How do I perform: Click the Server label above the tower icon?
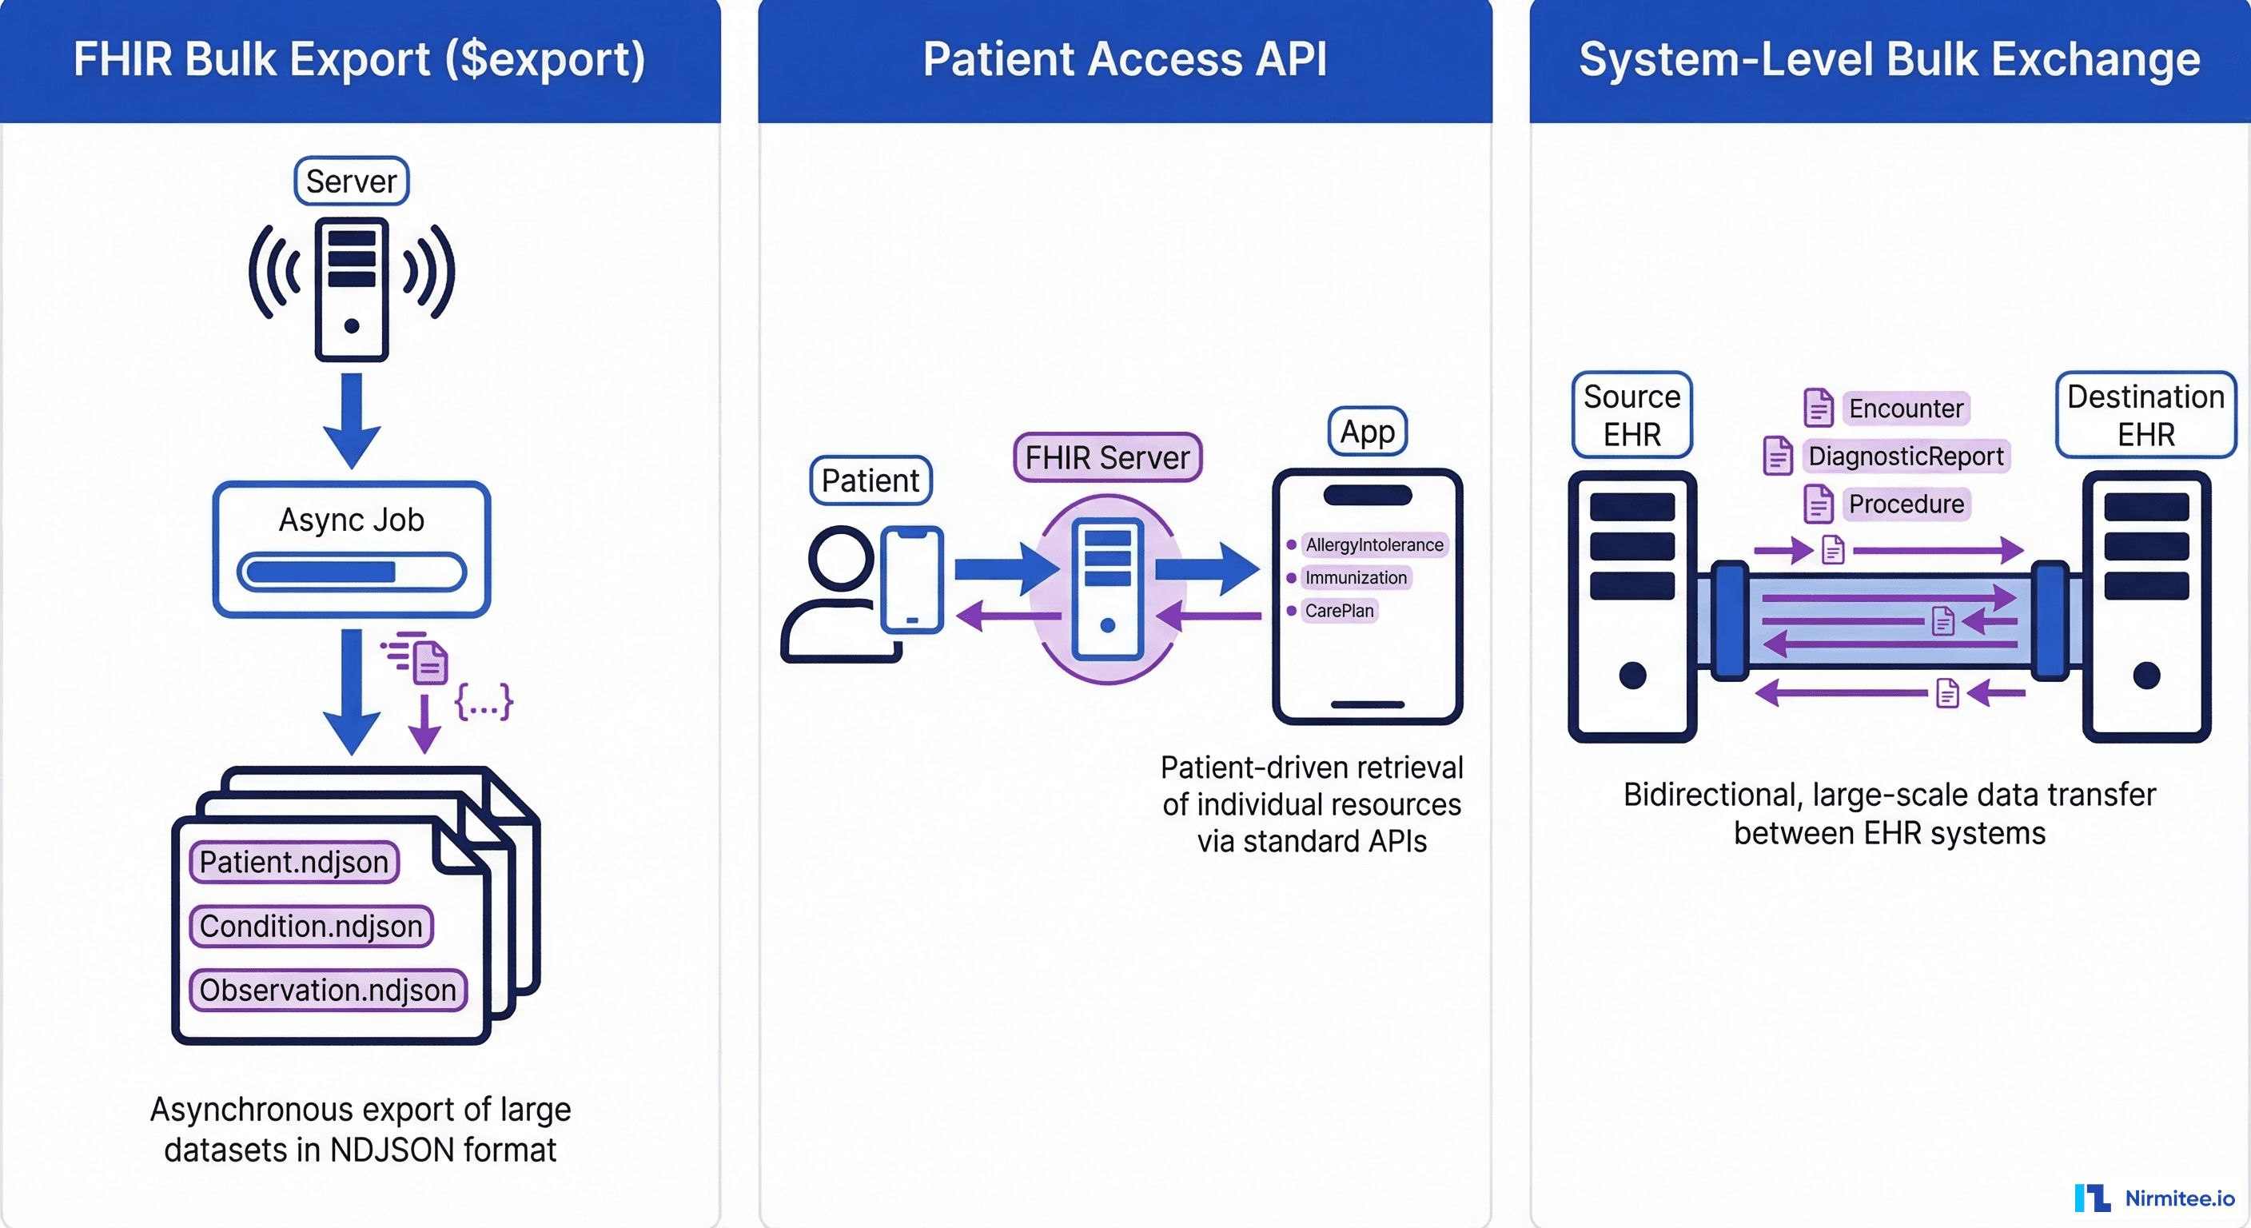[351, 181]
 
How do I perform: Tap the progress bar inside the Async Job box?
[351, 572]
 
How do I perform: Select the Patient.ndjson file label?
[293, 862]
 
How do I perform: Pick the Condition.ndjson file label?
[311, 926]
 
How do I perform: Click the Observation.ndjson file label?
[328, 991]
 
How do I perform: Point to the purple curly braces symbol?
[484, 702]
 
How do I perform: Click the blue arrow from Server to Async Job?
[351, 421]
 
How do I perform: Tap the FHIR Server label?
[1107, 457]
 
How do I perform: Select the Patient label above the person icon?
[871, 480]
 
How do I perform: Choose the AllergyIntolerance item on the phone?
[1373, 544]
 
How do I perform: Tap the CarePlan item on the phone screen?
[1339, 610]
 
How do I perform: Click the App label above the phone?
[1368, 431]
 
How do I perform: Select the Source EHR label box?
[1631, 415]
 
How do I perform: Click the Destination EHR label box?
[2145, 415]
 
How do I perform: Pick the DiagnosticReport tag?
[1906, 457]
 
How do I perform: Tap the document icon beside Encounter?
[1819, 407]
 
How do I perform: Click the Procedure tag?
[1906, 504]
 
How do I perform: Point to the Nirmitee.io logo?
[2154, 1198]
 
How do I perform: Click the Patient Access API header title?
[1125, 59]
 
